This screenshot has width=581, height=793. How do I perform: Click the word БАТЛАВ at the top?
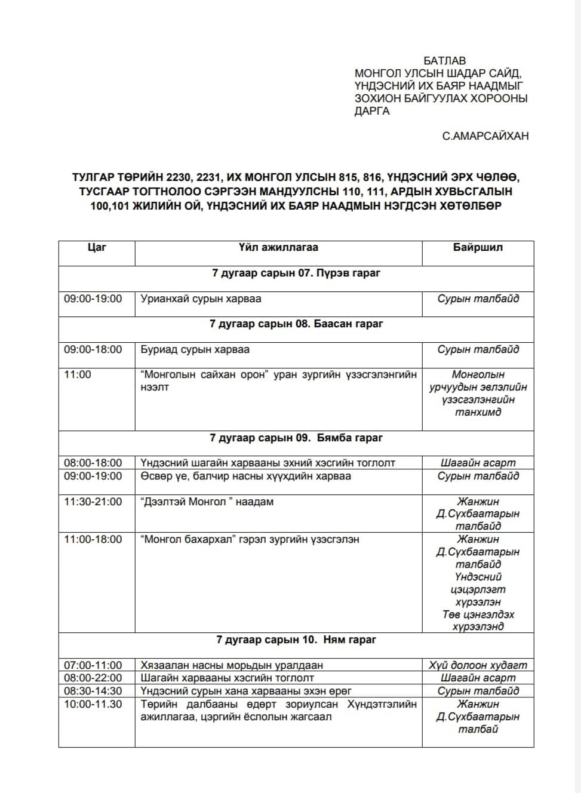coord(444,61)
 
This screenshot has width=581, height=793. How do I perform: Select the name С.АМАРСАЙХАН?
coord(485,136)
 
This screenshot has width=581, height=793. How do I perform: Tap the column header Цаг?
coord(97,247)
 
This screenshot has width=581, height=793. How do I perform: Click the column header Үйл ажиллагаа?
coord(278,247)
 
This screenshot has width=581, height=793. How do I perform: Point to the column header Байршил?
coord(478,247)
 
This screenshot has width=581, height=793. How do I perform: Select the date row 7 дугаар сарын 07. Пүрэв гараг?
coord(296,273)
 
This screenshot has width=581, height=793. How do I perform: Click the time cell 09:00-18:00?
coord(93,349)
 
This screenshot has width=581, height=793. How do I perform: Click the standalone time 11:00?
coord(78,374)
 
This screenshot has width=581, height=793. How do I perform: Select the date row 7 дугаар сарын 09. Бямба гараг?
coord(296,438)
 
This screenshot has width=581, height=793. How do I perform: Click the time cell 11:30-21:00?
coord(93,502)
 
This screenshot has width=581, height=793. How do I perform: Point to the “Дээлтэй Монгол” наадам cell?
coord(207,502)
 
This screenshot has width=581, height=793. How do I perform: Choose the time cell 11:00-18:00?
coord(93,539)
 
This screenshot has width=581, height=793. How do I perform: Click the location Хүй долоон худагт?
coord(478,665)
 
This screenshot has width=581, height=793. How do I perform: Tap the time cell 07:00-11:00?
coord(93,665)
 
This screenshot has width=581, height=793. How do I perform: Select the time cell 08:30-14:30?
coord(93,691)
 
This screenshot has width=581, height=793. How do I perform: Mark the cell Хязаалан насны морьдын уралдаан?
coord(232,665)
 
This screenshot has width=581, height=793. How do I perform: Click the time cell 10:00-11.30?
coord(93,704)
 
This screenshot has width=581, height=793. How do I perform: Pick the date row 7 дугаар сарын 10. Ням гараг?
coord(296,640)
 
